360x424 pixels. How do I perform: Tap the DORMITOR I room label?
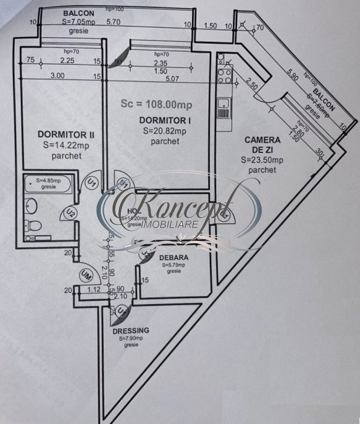point(156,120)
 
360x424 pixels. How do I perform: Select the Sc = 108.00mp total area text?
point(157,104)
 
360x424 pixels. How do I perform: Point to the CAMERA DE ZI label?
point(262,144)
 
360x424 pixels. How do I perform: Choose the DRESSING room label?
point(133,330)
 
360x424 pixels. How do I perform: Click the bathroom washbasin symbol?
point(32,206)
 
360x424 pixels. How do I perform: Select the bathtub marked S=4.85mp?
point(47,185)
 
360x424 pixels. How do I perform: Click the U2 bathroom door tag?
point(70,211)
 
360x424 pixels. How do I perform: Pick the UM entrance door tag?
point(87,274)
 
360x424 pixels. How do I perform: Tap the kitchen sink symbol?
point(223,107)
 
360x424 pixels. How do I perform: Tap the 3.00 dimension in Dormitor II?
point(57,75)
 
